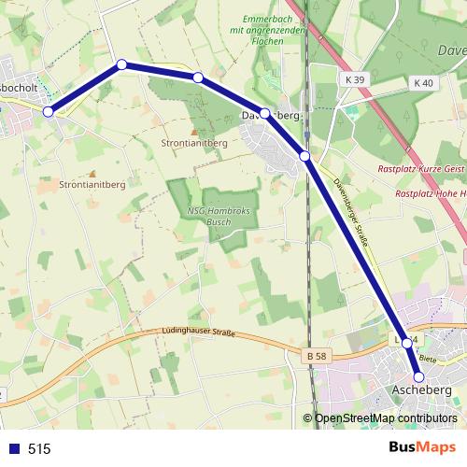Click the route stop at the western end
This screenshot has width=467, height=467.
point(49,111)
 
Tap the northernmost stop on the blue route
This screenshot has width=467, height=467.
point(121,64)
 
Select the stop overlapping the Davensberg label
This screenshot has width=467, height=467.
point(265,114)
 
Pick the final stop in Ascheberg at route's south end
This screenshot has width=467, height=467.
point(418,377)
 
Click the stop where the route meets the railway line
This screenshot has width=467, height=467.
point(304,156)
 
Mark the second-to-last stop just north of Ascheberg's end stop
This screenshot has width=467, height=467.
point(407,343)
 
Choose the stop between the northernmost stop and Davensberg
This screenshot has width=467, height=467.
point(198,78)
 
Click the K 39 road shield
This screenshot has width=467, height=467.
point(353,80)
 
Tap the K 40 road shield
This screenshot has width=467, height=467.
point(423,83)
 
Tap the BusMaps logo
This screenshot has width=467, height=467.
point(422,448)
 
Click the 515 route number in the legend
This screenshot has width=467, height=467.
point(39,449)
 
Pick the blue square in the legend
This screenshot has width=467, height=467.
point(14,449)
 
